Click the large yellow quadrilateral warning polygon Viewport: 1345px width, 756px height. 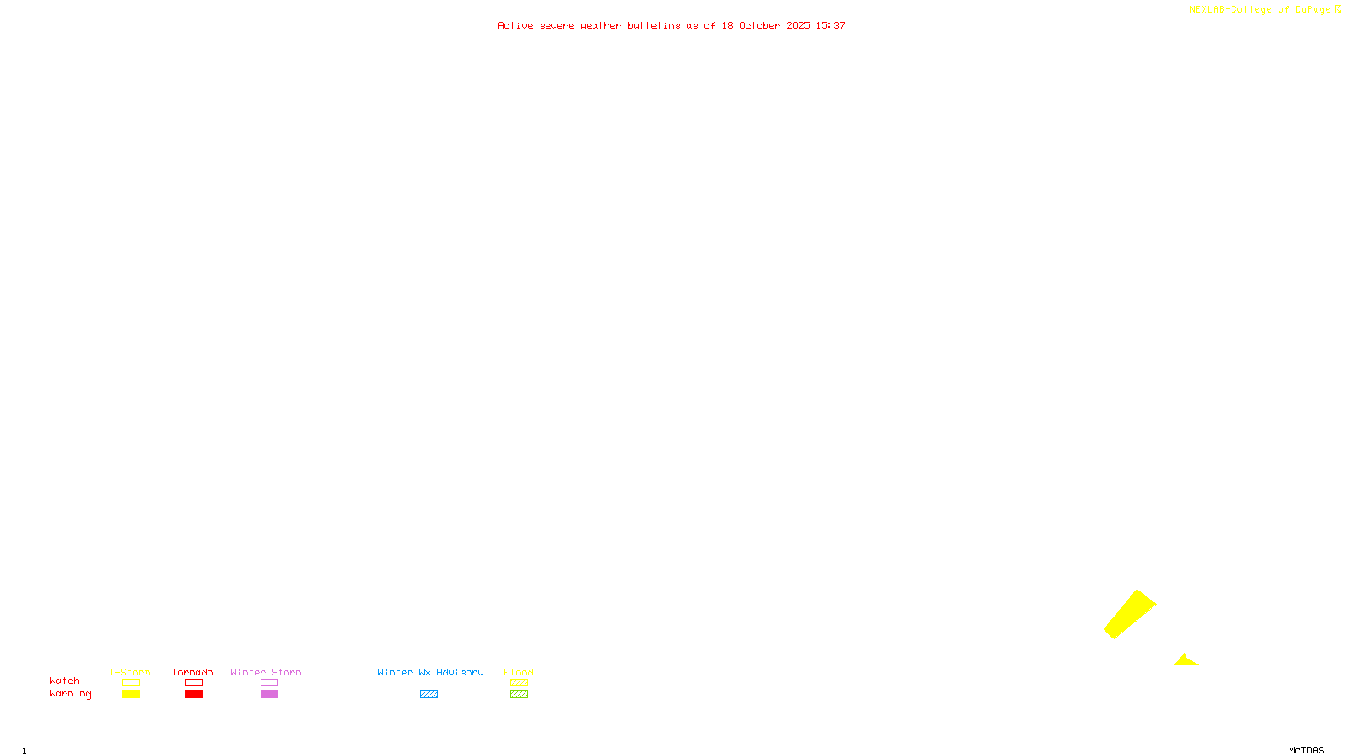1130,614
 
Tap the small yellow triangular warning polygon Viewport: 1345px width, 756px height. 1185,661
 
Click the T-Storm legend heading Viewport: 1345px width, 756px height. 129,672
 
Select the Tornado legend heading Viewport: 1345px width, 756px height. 193,672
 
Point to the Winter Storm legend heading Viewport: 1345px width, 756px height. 266,672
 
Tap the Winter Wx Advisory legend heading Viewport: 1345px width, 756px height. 430,672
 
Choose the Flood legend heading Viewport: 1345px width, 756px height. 519,672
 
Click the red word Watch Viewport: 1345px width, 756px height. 65,680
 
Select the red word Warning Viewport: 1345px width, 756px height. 70,694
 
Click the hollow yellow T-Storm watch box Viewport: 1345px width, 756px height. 130,683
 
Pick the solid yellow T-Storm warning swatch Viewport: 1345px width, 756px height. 130,695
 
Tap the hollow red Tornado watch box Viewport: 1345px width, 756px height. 193,683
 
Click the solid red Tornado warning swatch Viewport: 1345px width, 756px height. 193,695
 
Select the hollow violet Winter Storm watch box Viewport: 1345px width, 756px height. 269,683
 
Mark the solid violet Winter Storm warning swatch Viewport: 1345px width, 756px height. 269,695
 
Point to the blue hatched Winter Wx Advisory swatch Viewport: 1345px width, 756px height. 429,695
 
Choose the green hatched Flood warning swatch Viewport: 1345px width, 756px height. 519,695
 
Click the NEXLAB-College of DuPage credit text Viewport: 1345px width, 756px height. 1260,9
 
